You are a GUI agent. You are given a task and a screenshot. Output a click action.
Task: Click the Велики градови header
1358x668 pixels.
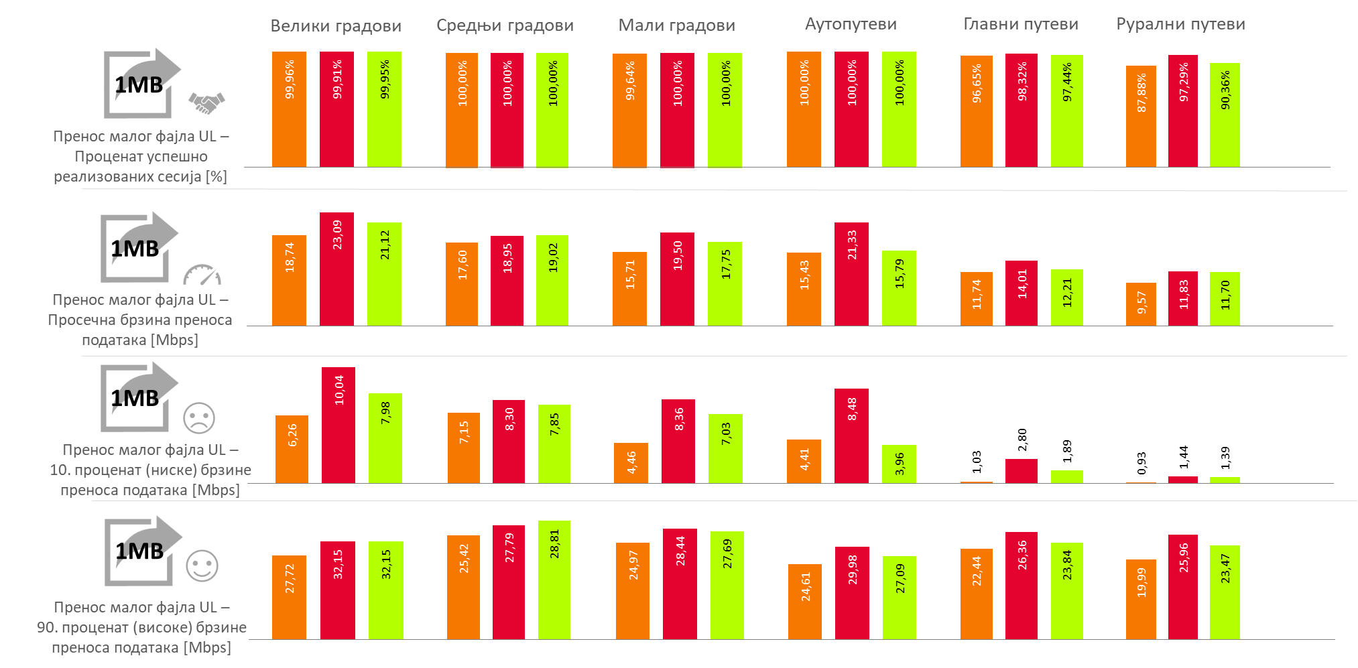336,25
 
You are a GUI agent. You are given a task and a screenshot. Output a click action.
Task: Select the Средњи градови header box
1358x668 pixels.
505,25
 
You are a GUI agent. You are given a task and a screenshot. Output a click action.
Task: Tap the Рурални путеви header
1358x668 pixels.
1181,23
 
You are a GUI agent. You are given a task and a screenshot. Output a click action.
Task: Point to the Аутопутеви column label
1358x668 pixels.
851,24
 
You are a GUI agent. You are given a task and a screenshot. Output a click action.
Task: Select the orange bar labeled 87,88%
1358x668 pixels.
1141,116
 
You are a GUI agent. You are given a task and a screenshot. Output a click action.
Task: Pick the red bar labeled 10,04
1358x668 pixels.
338,425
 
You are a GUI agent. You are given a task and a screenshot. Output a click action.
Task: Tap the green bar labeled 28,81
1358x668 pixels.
554,580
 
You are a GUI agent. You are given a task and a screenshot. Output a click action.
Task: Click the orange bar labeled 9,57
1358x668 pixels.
1141,304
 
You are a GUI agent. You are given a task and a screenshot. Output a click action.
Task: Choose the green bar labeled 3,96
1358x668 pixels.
899,464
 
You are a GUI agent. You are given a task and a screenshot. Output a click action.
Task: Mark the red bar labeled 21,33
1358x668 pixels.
851,274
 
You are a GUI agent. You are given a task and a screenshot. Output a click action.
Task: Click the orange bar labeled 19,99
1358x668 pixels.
1141,599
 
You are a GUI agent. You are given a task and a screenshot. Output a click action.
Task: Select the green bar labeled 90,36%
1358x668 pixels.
1225,115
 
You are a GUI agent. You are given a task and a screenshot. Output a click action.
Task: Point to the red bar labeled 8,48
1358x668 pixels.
851,436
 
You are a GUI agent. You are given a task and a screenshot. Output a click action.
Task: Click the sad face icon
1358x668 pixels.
199,417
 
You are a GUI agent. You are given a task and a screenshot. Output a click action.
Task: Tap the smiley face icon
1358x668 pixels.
202,566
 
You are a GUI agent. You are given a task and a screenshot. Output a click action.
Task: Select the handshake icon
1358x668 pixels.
206,103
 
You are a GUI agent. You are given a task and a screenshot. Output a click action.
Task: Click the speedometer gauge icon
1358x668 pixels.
202,275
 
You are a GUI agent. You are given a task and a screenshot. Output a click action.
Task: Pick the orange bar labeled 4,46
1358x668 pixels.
631,462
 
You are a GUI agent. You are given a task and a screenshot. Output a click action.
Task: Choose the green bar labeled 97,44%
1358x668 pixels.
1066,111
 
